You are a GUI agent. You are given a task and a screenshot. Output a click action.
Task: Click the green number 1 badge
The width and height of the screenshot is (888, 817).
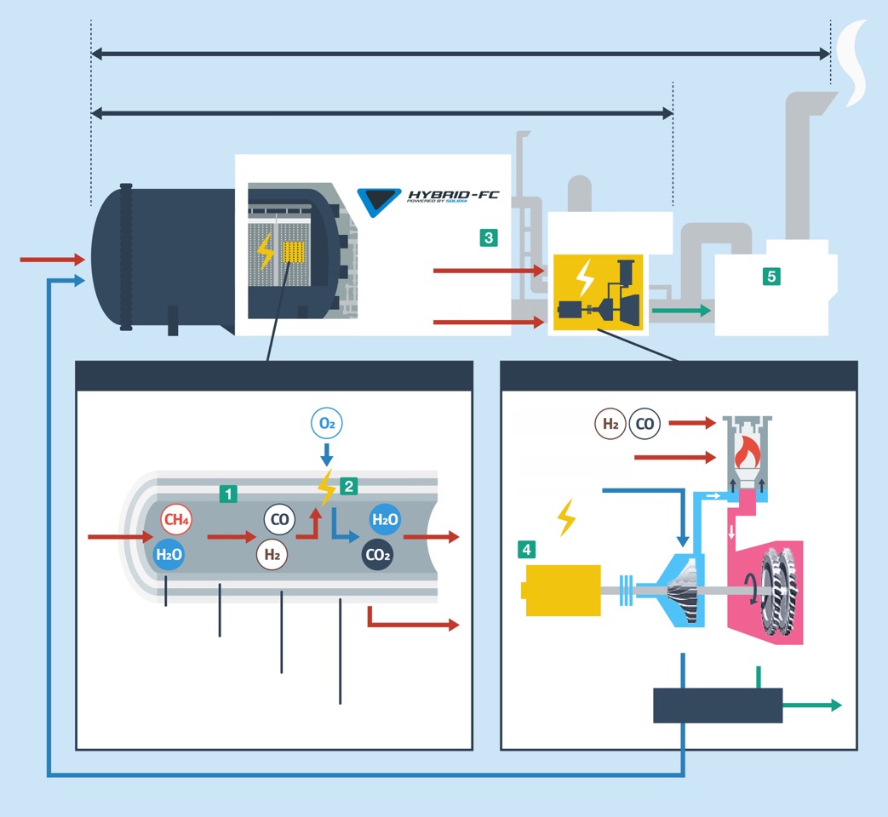227,493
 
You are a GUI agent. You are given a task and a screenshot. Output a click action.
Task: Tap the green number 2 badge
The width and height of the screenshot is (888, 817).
347,486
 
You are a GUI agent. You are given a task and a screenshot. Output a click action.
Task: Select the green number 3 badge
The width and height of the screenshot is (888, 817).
488,237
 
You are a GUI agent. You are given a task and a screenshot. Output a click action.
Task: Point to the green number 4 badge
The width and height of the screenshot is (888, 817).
527,550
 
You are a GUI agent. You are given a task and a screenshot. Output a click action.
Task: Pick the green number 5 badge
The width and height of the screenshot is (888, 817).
771,276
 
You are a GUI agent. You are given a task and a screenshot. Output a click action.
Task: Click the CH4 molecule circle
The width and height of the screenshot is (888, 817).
176,519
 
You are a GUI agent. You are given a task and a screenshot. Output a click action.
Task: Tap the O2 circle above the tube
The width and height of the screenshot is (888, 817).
326,424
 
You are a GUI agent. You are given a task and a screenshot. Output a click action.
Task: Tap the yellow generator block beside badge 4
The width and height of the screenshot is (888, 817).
561,590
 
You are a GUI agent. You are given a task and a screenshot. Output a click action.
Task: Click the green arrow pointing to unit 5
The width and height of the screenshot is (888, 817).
681,311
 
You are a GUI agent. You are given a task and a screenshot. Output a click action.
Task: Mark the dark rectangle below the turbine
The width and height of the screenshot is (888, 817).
718,706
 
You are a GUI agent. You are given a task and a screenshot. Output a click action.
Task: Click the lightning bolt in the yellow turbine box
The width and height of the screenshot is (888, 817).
585,277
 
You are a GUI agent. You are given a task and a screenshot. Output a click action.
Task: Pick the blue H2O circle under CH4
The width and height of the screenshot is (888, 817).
169,555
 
